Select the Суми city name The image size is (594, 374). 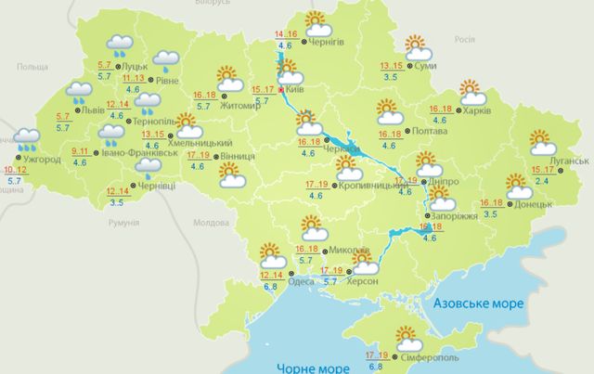(428, 67)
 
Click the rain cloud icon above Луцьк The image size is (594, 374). (118, 44)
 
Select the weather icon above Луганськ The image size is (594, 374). (542, 143)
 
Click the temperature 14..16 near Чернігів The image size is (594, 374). (286, 34)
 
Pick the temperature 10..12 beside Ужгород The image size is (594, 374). (15, 170)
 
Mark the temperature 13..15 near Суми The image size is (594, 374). (392, 66)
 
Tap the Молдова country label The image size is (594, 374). (210, 223)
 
